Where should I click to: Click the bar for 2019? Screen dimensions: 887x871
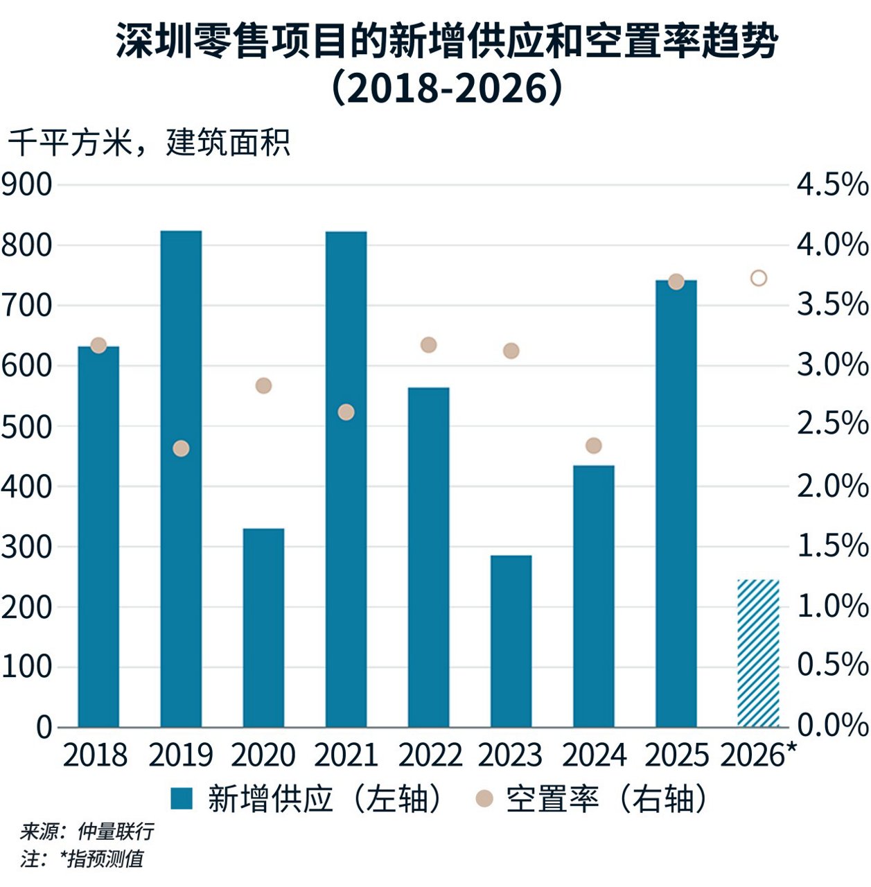[181, 478]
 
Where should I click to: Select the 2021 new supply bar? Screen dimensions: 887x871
[346, 478]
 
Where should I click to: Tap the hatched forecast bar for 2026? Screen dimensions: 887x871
[758, 653]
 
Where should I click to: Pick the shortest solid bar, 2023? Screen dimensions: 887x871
[511, 640]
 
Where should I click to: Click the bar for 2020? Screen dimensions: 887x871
[263, 627]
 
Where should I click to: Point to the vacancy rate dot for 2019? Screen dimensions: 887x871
[181, 448]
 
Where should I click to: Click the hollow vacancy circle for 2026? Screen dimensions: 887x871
[759, 279]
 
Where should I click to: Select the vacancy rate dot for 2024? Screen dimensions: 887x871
[594, 446]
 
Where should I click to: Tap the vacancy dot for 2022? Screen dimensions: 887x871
[429, 345]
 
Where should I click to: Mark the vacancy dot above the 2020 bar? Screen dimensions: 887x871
[263, 386]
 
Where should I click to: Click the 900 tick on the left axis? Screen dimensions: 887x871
[26, 185]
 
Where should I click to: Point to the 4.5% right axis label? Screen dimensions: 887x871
[832, 185]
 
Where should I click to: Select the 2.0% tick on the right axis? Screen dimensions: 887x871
[832, 486]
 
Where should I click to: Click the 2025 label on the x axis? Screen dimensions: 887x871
[676, 755]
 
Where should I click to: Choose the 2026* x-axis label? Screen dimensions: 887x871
[758, 755]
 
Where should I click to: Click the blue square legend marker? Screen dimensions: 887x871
[182, 799]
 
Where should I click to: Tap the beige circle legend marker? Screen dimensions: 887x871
[484, 799]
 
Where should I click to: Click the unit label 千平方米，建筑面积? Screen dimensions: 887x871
[149, 143]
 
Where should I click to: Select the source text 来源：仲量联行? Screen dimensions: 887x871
[87, 831]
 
